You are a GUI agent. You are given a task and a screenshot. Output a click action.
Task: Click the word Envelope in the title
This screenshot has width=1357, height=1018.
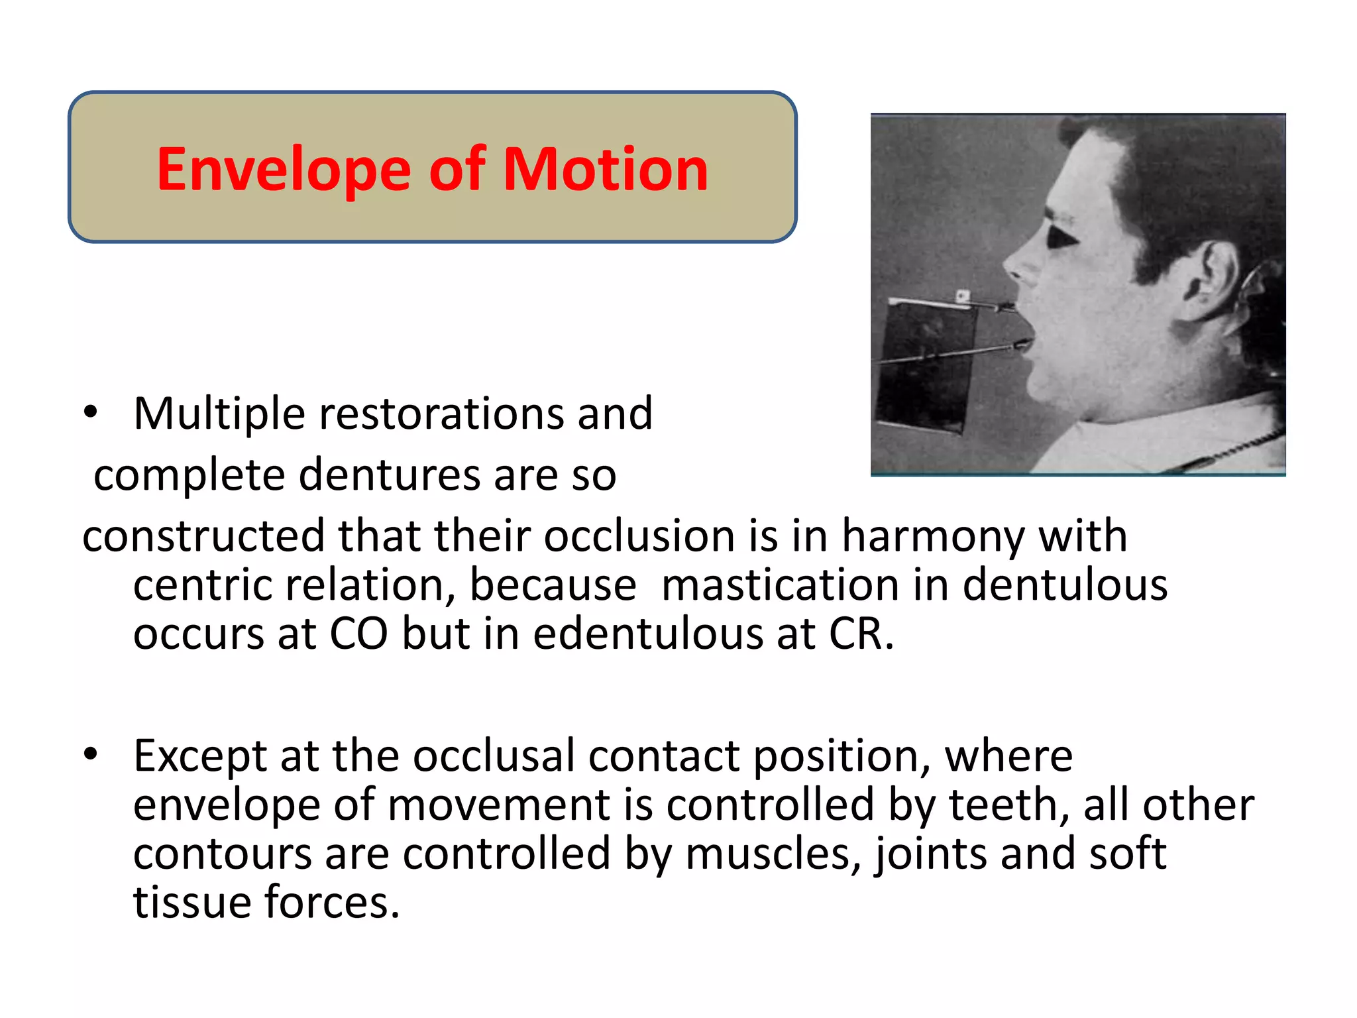coord(284,170)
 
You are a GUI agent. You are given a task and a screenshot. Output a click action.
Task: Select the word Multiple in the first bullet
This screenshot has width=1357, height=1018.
coord(219,414)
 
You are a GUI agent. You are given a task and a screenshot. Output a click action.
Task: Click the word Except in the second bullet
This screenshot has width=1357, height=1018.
coord(199,756)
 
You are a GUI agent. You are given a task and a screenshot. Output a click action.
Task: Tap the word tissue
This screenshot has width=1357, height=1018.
coord(192,903)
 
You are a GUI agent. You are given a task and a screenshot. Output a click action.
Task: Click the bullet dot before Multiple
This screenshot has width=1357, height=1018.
coord(91,412)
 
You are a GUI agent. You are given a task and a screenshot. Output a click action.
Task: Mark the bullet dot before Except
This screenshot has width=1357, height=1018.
coord(91,754)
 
